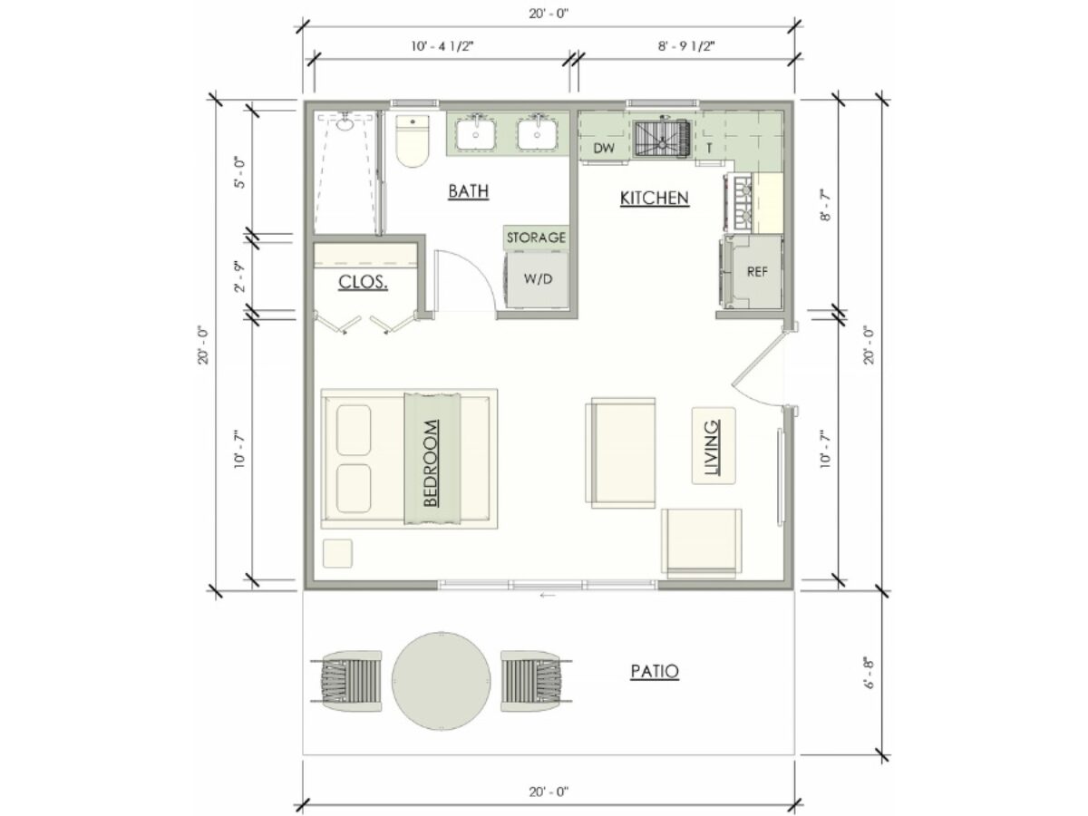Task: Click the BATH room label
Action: click(x=468, y=191)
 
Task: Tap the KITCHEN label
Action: click(x=655, y=199)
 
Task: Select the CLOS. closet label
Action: click(x=363, y=282)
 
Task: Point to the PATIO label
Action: click(x=655, y=671)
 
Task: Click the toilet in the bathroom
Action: click(x=413, y=141)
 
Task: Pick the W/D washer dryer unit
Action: click(x=537, y=280)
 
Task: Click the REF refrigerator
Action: click(x=753, y=272)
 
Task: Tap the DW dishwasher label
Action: click(x=604, y=148)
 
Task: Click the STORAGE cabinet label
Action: click(x=536, y=238)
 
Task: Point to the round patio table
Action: click(x=442, y=681)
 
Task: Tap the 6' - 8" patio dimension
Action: click(x=869, y=674)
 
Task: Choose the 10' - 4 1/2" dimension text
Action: click(x=442, y=46)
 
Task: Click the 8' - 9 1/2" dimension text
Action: click(x=686, y=46)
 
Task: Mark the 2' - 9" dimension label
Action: click(x=240, y=277)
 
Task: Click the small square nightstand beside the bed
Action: click(x=337, y=553)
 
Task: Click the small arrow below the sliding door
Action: click(x=548, y=595)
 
